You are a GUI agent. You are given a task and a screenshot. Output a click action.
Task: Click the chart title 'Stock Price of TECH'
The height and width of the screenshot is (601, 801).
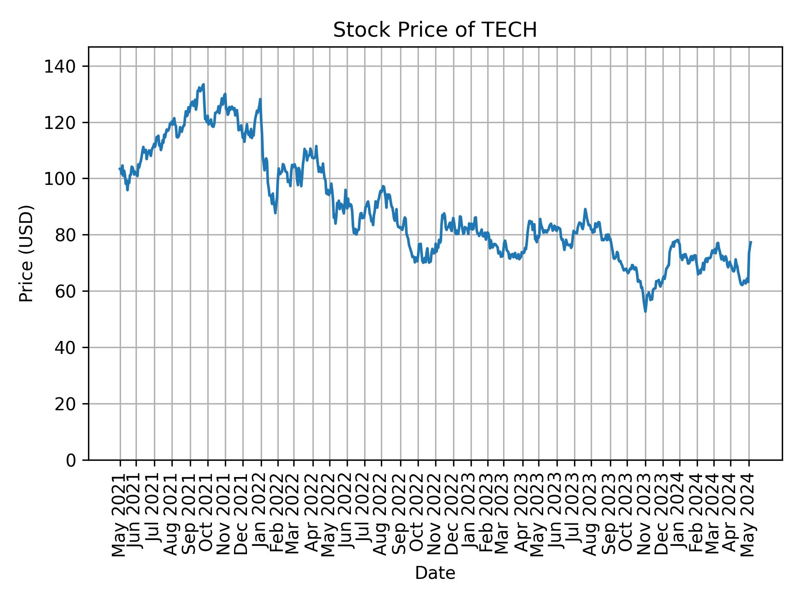click(435, 30)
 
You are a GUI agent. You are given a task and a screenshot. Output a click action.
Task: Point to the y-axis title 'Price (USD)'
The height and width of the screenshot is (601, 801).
click(26, 253)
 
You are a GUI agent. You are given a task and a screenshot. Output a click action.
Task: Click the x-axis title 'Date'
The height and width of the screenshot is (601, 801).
click(435, 573)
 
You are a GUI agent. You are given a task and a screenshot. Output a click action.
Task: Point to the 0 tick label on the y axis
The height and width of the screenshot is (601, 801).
click(71, 460)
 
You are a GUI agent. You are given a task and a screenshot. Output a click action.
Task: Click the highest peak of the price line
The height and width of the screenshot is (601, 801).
click(203, 84)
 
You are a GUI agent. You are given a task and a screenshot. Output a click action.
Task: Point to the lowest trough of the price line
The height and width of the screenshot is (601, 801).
click(645, 311)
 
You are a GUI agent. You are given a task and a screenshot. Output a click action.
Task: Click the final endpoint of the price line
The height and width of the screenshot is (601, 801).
click(751, 242)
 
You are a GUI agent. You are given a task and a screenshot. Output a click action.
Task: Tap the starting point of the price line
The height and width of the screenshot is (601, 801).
click(119, 169)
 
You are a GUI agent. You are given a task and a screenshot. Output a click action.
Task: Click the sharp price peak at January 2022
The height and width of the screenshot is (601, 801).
click(260, 99)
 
